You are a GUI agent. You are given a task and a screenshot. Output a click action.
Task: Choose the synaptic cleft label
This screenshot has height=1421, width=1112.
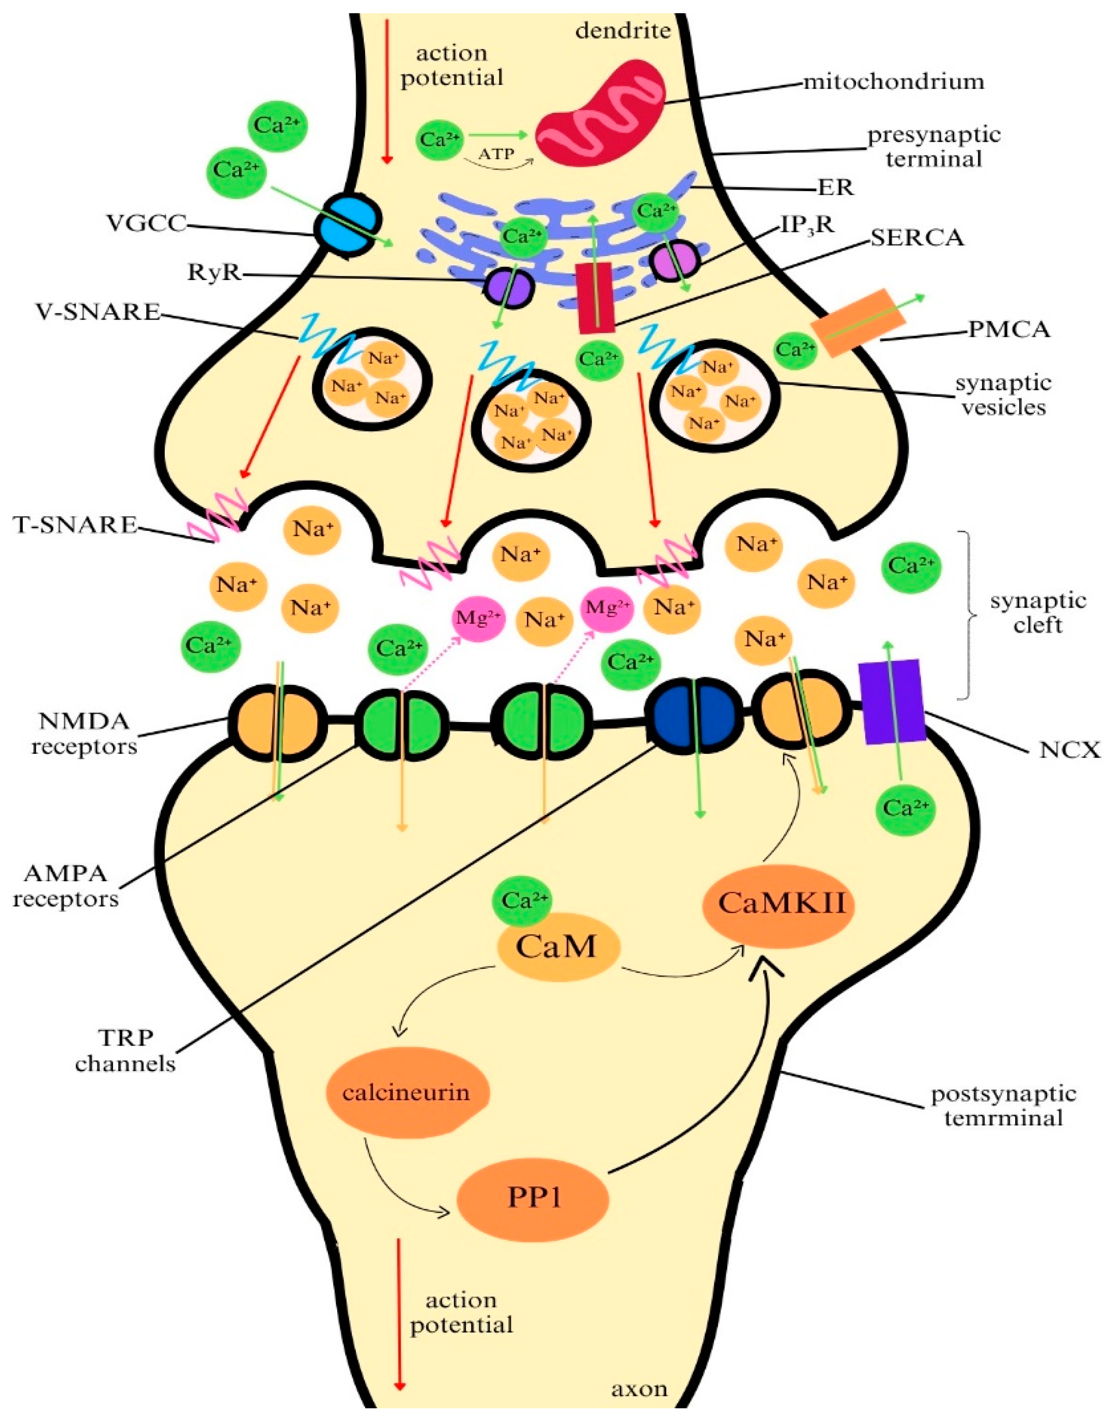[x=1038, y=612]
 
